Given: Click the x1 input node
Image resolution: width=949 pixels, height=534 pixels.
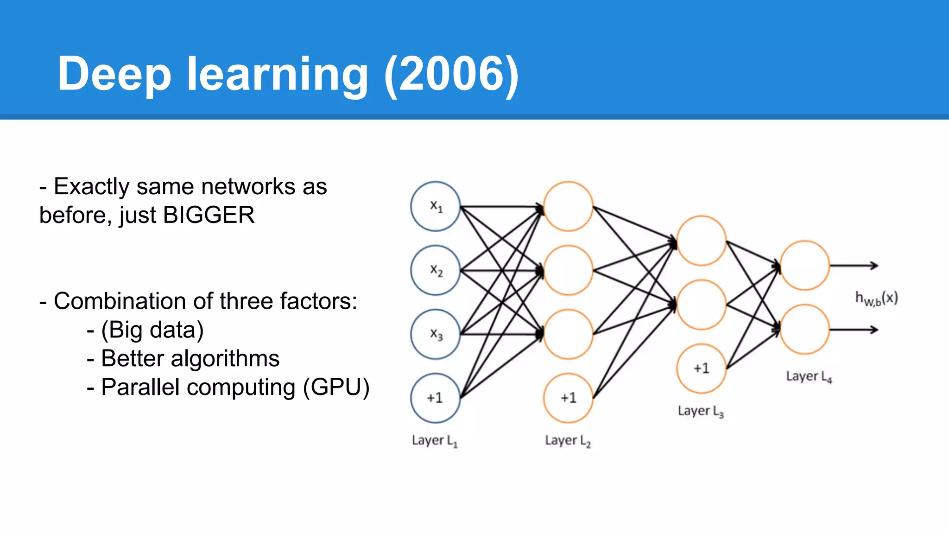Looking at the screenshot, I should pos(435,206).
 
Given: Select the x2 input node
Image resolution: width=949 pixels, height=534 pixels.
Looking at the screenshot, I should pos(435,270).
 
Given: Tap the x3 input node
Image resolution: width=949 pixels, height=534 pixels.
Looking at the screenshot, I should pos(435,334).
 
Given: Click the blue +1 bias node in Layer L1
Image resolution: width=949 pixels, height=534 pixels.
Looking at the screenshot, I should pos(435,398).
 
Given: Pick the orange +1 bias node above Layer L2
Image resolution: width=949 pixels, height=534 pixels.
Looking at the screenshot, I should pos(568,398).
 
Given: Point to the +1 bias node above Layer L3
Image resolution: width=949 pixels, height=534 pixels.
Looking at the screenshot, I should pos(701,369).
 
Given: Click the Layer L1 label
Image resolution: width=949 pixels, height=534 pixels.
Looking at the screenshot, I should pos(435,440).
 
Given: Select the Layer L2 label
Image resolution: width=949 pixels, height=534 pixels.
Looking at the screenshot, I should pos(568,440).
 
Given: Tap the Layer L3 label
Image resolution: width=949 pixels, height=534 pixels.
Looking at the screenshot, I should pos(701,411).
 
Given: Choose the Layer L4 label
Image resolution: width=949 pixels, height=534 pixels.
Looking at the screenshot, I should pos(809,376).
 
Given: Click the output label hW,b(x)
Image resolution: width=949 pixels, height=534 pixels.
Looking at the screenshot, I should pos(876,298).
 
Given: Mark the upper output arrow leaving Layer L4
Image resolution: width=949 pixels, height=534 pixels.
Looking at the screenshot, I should pos(854,266).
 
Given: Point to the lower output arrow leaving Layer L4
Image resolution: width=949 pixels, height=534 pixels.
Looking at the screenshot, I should pos(854,330).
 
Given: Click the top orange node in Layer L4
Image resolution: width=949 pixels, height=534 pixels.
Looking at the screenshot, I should pos(805,266).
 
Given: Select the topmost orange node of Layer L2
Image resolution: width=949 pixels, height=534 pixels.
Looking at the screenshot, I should pos(568,206).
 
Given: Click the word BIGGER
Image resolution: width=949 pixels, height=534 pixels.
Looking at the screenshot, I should pos(209,215).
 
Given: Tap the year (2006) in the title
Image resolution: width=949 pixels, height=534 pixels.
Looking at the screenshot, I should pos(452,74).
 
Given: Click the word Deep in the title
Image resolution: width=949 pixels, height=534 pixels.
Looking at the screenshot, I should pos(114,74).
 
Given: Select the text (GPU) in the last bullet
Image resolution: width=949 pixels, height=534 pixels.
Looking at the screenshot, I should pos(336,387).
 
